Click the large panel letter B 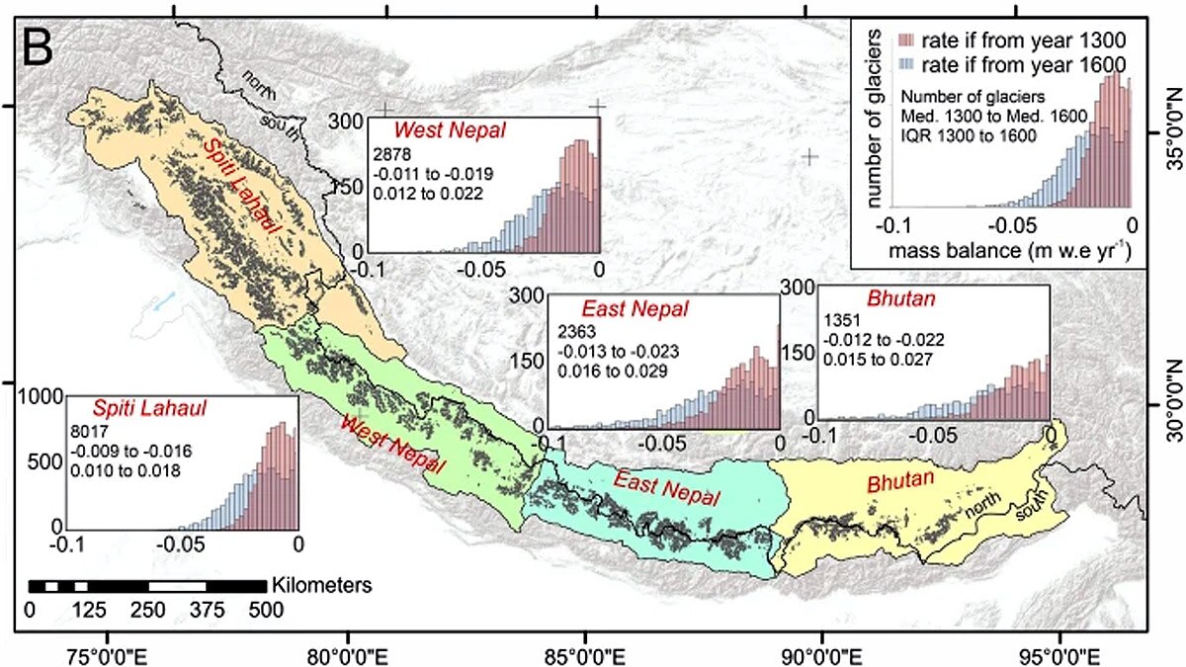click(x=44, y=46)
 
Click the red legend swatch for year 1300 click(x=906, y=42)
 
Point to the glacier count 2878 click(x=388, y=155)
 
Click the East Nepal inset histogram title click(x=621, y=308)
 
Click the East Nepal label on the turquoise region click(x=654, y=484)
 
